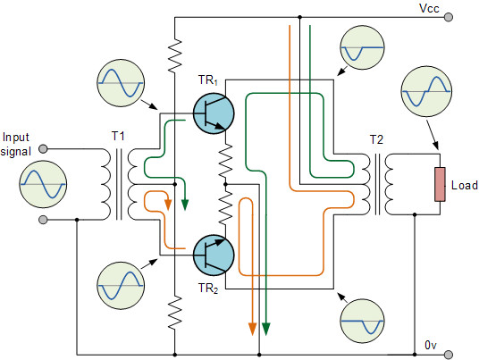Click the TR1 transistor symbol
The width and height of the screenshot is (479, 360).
pos(214,113)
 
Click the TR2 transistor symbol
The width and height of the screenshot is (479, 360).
pos(214,255)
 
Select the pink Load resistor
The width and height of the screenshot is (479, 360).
pos(440,184)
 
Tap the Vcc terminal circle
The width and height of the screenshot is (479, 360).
pos(448,17)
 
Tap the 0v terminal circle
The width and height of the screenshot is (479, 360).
pos(448,355)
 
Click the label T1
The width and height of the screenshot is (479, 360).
pos(118,136)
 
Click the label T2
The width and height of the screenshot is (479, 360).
pos(376,139)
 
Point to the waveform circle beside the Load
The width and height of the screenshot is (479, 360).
pos(426,91)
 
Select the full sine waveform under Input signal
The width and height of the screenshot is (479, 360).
pos(43,184)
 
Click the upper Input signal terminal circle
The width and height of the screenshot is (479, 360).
pos(44,149)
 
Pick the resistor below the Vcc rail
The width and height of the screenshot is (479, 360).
pos(175,55)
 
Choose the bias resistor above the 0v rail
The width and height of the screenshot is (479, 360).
pos(175,313)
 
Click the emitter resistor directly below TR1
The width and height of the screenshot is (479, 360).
pos(225,161)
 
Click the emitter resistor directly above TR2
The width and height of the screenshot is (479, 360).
pos(225,208)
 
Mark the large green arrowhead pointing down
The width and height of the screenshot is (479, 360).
pos(266,329)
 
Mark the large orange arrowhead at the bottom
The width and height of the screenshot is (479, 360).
pos(252,329)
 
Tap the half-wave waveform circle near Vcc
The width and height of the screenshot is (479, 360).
pos(362,47)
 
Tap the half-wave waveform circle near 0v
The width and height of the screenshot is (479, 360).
pos(362,321)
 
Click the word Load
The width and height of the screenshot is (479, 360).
pos(465,185)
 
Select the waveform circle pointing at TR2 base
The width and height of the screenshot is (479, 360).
pos(121,286)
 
